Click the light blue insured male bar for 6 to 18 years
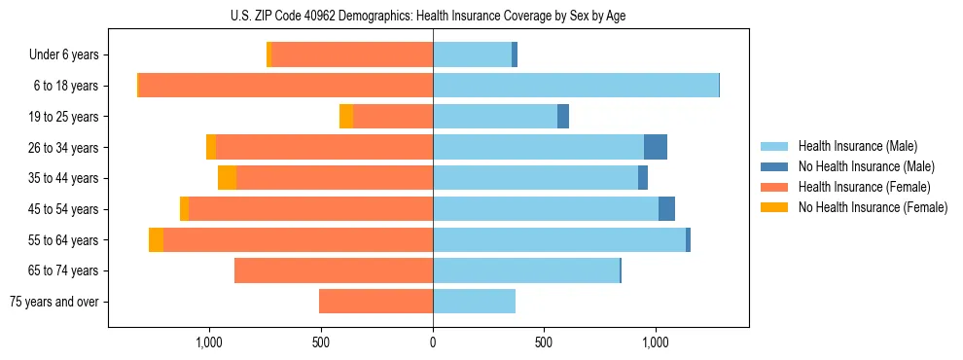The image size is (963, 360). click(x=576, y=86)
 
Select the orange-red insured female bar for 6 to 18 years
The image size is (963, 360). click(x=286, y=86)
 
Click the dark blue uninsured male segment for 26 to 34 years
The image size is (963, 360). click(x=656, y=147)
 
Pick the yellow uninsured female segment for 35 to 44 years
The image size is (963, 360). click(x=227, y=178)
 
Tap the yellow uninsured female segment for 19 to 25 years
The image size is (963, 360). click(x=346, y=117)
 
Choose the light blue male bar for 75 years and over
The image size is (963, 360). click(x=474, y=302)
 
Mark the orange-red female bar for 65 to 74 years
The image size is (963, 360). click(x=334, y=270)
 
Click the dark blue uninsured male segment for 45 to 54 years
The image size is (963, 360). click(x=666, y=209)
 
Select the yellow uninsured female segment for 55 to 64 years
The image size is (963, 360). click(x=156, y=240)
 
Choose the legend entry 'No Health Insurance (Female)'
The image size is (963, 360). click(x=873, y=207)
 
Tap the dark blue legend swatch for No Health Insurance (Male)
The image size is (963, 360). click(x=774, y=166)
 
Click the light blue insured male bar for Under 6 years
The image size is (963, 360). click(x=472, y=55)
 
